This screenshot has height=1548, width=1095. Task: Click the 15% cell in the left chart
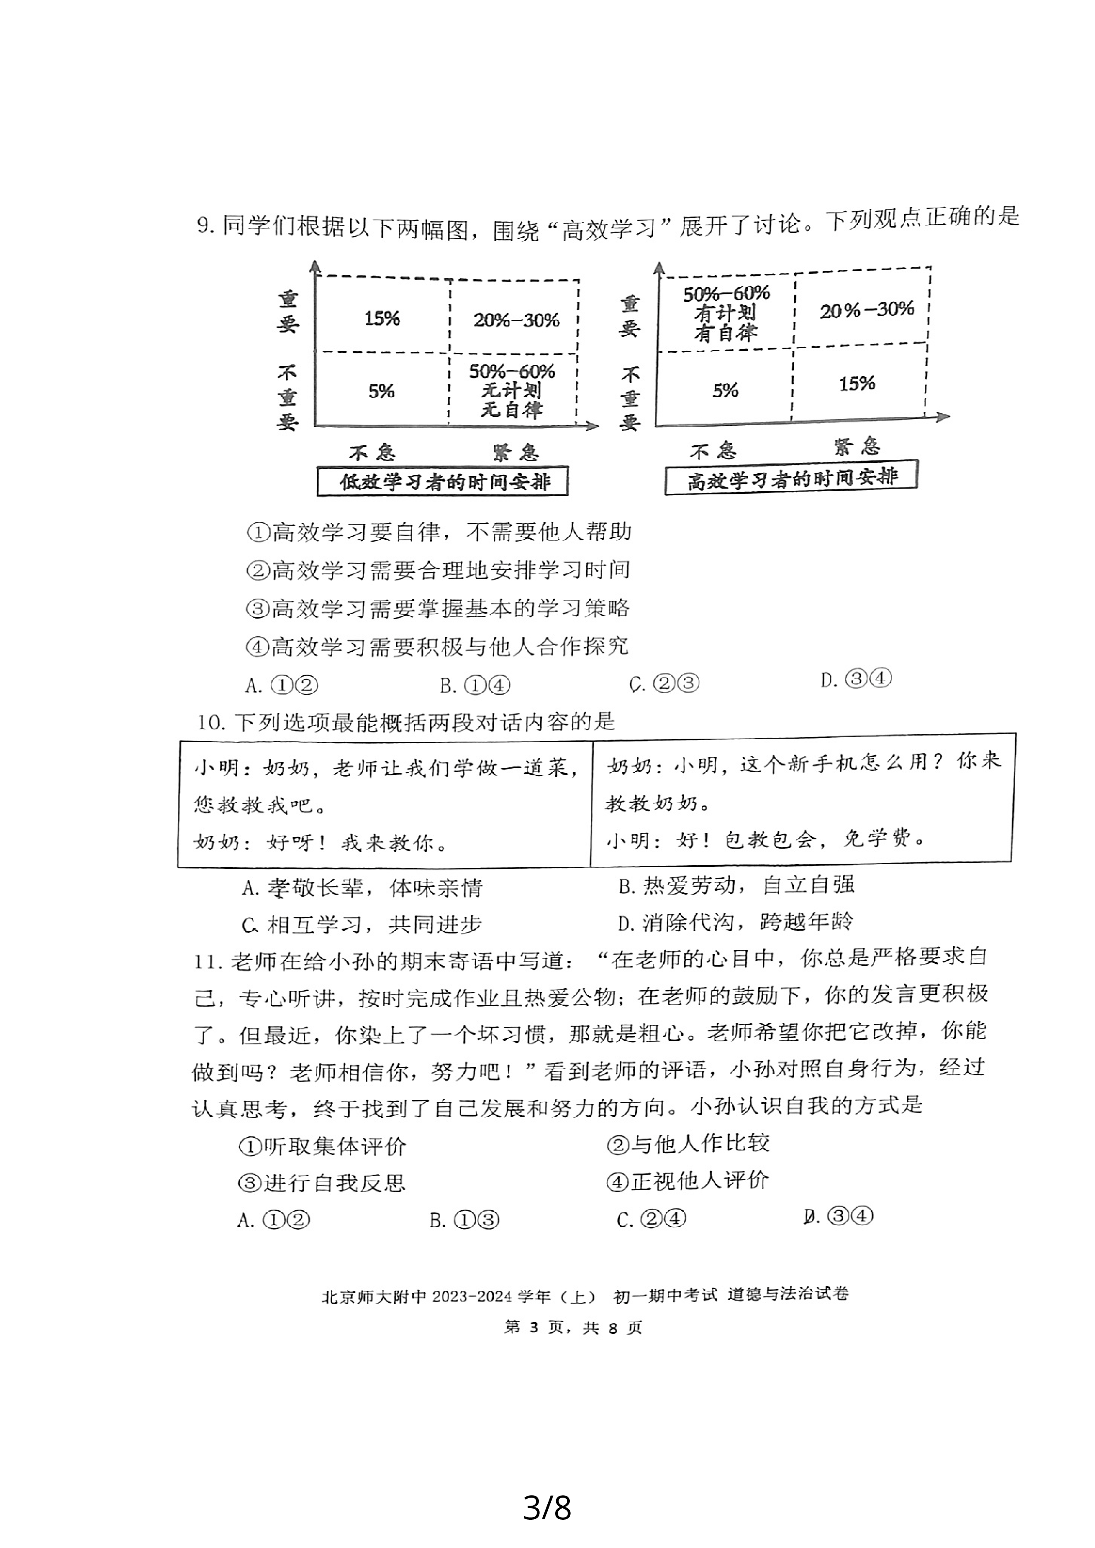382,318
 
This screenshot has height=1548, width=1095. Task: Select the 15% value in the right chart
856,383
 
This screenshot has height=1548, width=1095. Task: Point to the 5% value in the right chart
725,391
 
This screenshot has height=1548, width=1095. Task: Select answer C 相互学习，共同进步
363,924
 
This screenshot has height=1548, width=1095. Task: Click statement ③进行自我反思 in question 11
322,1183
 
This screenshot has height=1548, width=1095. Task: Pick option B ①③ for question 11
465,1220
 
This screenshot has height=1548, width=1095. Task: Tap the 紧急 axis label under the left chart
516,452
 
